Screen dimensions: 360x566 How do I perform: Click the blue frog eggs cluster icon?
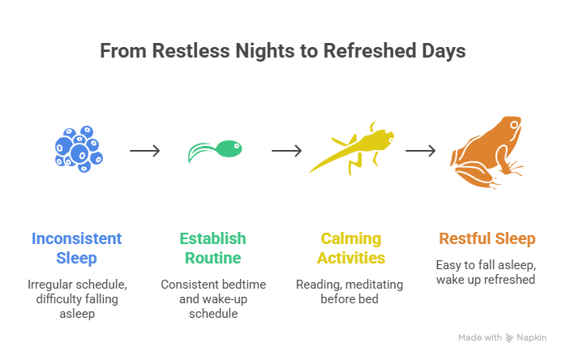pos(78,148)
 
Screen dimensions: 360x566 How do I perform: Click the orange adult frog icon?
pos(486,148)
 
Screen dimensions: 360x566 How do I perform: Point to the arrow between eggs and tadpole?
pos(145,151)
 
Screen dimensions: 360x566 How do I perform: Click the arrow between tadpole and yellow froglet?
pos(285,151)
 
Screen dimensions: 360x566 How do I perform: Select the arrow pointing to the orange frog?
pos(421,151)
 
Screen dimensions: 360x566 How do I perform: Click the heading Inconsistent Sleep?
pos(77,248)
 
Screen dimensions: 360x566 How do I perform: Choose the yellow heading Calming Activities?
pos(352,248)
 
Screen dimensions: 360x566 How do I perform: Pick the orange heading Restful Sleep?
pos(487,238)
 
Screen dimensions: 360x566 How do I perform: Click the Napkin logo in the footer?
pos(527,337)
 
